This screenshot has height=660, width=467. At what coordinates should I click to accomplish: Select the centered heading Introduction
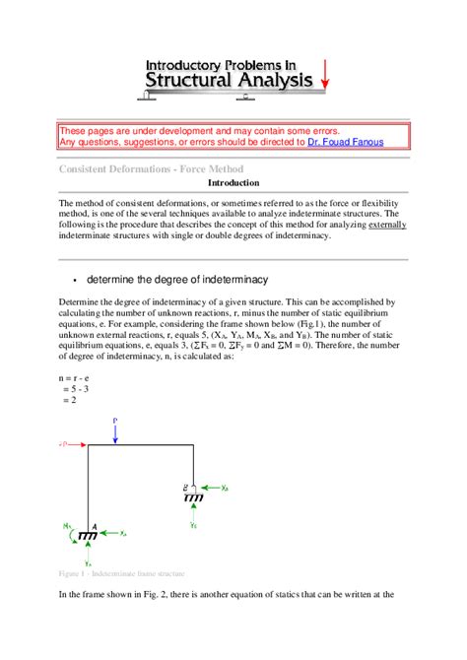(233, 183)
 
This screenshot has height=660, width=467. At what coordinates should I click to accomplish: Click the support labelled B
(193, 495)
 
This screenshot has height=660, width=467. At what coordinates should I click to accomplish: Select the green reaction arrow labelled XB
(210, 488)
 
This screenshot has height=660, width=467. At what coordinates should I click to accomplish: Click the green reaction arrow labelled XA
(111, 533)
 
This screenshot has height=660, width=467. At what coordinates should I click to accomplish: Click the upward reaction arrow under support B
(193, 513)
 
